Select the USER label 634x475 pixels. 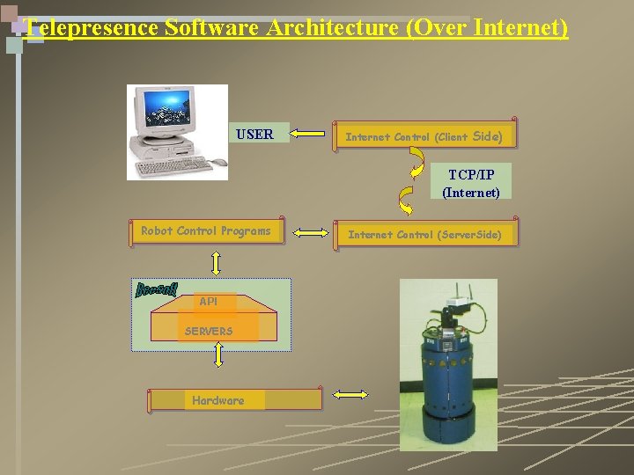coord(254,135)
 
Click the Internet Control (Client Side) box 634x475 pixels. coord(424,135)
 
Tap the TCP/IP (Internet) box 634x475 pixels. coord(471,183)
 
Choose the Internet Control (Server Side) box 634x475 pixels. coord(424,234)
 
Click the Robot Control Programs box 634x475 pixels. coord(206,231)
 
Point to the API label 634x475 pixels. coord(208,302)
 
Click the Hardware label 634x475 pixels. coord(218,400)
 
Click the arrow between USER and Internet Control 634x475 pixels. coord(307,135)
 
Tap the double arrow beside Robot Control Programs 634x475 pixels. coord(310,233)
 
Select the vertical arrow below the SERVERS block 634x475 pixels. coord(219,354)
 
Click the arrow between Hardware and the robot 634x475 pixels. coord(350,395)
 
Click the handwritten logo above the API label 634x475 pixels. coord(158,289)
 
